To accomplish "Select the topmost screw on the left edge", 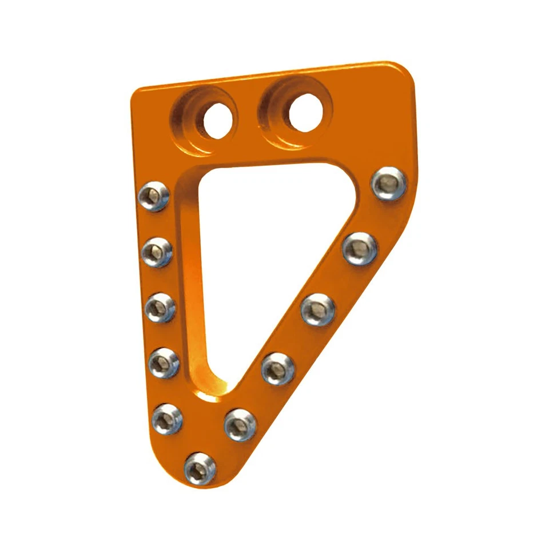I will click(x=154, y=196).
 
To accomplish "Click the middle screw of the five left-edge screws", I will click(x=160, y=307).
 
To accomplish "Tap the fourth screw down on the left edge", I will click(x=164, y=363).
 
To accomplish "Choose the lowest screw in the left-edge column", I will click(x=168, y=419).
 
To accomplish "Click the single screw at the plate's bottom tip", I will click(x=200, y=468).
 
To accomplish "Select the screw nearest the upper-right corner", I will click(x=389, y=184).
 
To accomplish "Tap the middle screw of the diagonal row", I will click(x=318, y=309).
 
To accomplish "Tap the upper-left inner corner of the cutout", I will click(x=197, y=174).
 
